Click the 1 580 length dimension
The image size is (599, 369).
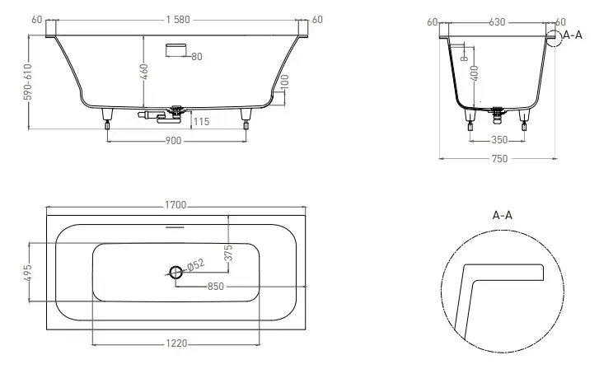[178, 20]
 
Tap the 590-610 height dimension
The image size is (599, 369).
[27, 82]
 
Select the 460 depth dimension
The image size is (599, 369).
[143, 72]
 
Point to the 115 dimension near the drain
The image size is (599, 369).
[201, 121]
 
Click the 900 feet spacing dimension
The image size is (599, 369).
[173, 141]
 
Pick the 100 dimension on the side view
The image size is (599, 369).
[284, 82]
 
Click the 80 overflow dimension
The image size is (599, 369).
[197, 57]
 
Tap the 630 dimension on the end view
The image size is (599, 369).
[497, 22]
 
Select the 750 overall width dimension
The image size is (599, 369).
[499, 158]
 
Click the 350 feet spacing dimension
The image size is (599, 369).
[499, 140]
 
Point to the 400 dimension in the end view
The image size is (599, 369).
[474, 73]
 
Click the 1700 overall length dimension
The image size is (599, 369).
[175, 205]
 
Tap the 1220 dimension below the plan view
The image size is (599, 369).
[176, 343]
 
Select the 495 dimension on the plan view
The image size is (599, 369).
[27, 273]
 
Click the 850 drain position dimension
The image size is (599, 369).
[215, 287]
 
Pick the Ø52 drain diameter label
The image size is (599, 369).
[195, 264]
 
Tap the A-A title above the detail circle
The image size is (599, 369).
[502, 216]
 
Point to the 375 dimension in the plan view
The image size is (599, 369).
[227, 253]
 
